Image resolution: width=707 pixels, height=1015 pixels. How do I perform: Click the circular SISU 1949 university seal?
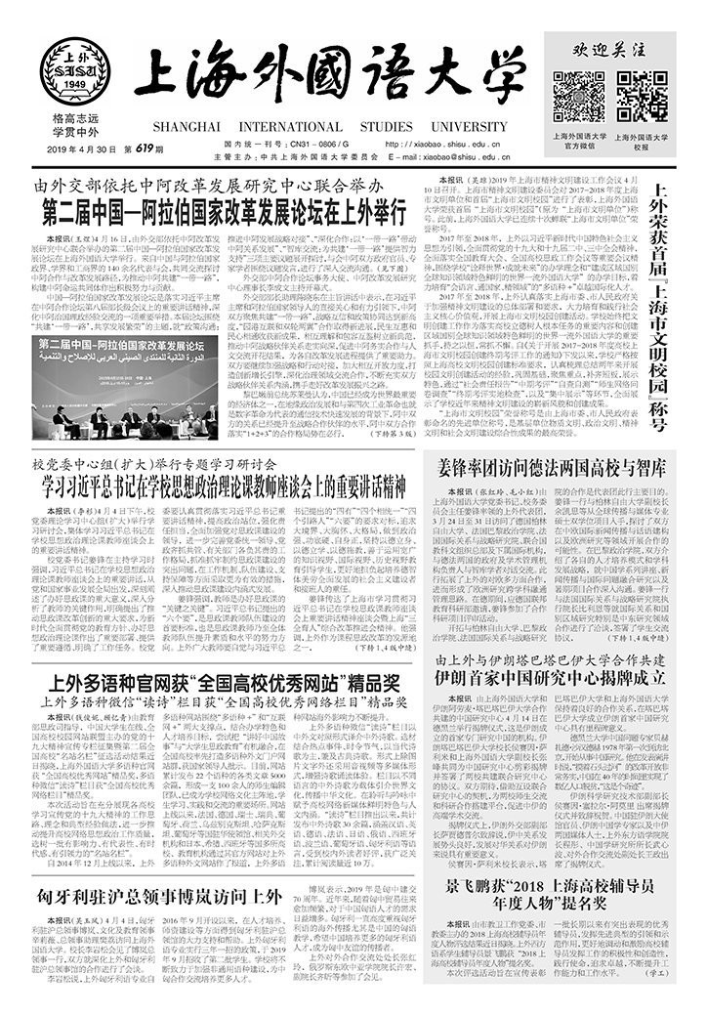click(75, 72)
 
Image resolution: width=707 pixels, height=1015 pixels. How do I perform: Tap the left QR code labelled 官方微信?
click(579, 96)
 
